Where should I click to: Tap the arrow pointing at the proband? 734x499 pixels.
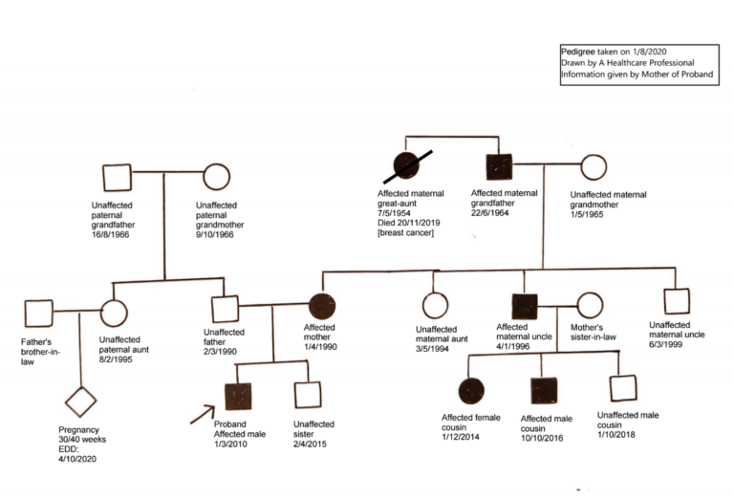(x=203, y=414)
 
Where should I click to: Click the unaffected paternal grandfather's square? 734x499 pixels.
(x=117, y=177)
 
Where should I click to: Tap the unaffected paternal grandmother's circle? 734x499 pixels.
(x=217, y=177)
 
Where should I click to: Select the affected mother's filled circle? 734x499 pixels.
(x=322, y=307)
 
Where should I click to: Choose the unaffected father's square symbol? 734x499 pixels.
(x=225, y=309)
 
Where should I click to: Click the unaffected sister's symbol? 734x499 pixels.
(x=307, y=395)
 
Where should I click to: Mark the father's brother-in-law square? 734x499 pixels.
(x=38, y=312)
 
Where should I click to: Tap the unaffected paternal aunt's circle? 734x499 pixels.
(x=114, y=312)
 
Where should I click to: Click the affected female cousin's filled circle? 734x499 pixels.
(x=468, y=390)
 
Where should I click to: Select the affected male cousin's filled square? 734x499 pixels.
(x=544, y=390)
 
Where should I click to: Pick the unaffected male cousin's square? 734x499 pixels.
(x=623, y=388)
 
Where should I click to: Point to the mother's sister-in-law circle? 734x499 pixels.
(x=590, y=305)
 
